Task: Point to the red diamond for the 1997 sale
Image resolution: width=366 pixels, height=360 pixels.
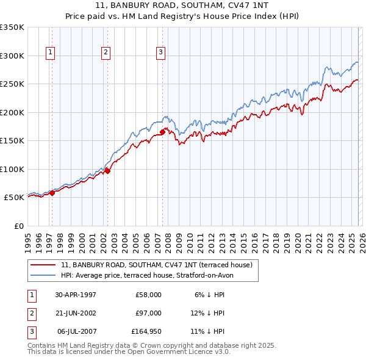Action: click(x=52, y=193)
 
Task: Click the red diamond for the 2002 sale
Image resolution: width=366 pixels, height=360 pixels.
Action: click(x=107, y=171)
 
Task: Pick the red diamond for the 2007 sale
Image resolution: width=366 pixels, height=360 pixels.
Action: click(x=162, y=132)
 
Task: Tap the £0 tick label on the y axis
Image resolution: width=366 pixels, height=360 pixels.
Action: click(x=18, y=226)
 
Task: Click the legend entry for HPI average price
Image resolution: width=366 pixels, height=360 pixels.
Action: click(x=147, y=275)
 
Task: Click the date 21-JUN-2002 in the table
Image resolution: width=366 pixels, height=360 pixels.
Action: click(x=76, y=313)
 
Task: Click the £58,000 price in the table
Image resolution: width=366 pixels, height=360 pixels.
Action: click(x=149, y=295)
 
